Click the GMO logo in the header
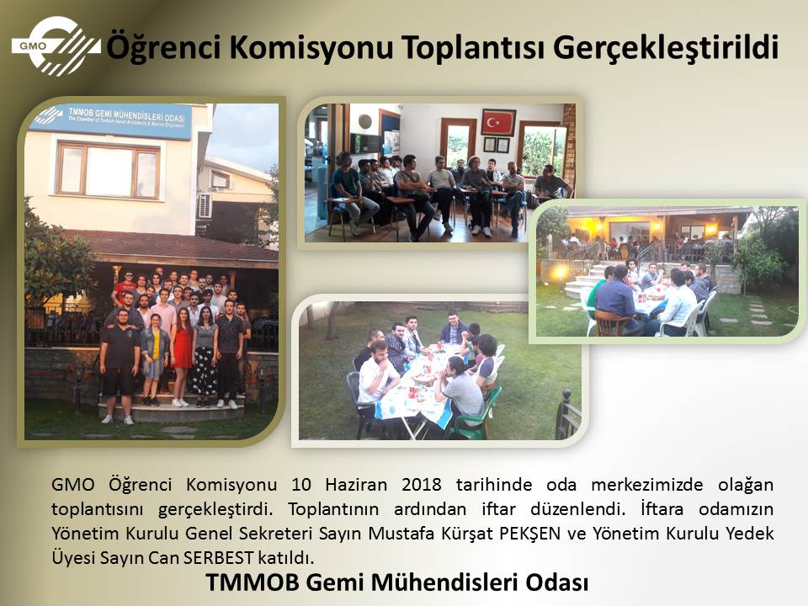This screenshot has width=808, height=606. pos(56,45)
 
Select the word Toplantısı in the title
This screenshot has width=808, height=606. pos(473,47)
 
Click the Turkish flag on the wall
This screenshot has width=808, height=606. pos(498,122)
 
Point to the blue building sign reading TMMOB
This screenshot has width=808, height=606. pos(112,120)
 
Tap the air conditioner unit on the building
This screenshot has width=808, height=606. pos(205,206)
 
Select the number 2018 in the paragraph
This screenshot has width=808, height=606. pos(422,485)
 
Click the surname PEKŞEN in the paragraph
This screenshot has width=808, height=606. pos(529,533)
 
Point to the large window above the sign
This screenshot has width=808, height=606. pos(108,170)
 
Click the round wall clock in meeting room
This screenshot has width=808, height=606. pos(365,121)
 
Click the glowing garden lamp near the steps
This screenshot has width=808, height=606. pos(561,272)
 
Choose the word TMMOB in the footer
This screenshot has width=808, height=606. pos(252,582)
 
